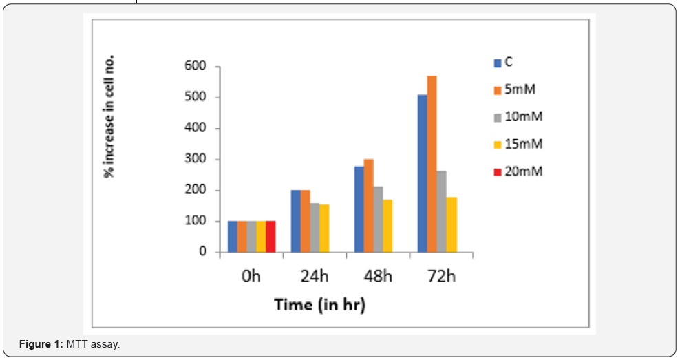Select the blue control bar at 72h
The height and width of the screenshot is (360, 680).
422,173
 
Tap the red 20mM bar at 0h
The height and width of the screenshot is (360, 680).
270,236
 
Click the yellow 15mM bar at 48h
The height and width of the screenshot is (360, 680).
387,226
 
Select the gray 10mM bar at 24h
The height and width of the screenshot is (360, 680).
315,228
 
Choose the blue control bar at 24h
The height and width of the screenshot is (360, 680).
295,221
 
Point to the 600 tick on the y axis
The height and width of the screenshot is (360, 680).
195,67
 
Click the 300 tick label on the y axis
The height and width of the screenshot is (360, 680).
195,160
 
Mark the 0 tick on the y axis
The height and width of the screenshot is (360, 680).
203,252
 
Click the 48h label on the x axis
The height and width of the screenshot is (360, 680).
378,277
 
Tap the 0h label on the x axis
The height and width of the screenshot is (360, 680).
252,277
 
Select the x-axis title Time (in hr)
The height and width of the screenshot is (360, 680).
319,304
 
